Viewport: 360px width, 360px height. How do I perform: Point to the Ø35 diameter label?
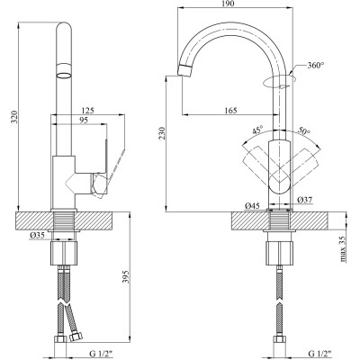pyautogui.click(x=37, y=238)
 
